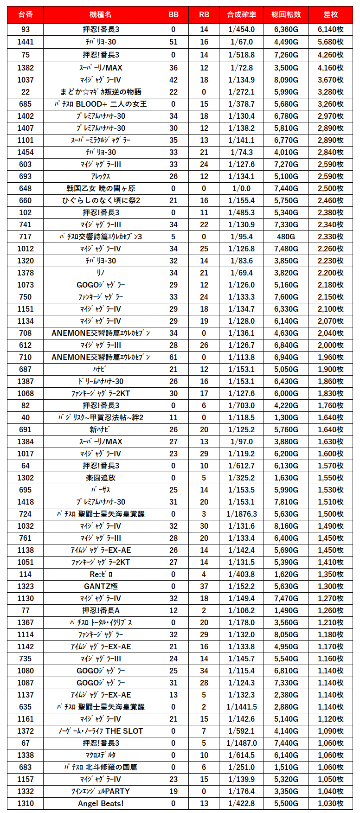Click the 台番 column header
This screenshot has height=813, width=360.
[26, 15]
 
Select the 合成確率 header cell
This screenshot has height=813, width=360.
[242, 15]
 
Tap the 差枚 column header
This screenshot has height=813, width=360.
[330, 15]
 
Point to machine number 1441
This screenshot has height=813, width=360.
[26, 42]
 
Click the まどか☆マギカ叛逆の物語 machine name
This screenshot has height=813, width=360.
[101, 92]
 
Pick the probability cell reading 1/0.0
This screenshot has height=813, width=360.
[242, 188]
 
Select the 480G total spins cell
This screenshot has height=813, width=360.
[286, 237]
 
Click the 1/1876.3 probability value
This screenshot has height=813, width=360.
[242, 514]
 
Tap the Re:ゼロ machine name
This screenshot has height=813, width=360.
[101, 574]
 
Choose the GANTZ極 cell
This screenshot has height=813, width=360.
[101, 586]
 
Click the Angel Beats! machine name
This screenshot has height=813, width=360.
[101, 803]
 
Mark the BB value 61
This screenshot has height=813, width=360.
[174, 357]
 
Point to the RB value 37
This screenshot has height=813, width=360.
[204, 586]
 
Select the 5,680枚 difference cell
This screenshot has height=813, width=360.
[330, 42]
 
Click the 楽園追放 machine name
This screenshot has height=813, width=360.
[101, 478]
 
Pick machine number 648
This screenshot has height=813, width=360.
[26, 188]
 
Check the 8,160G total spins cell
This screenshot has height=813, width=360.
[286, 526]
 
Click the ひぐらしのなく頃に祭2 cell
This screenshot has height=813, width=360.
[101, 200]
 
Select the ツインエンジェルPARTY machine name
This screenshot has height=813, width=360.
[101, 791]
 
